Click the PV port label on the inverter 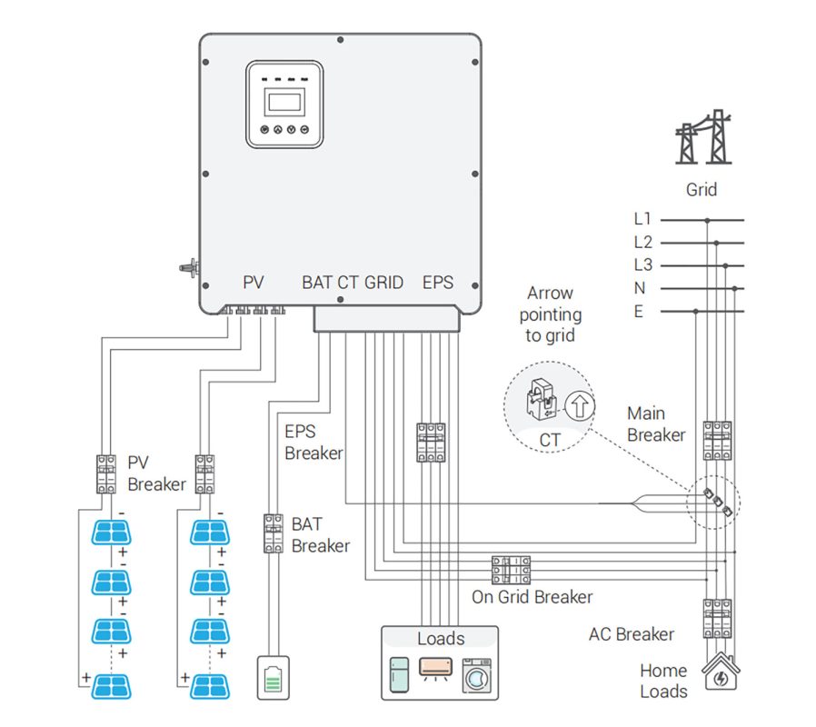pyautogui.click(x=254, y=283)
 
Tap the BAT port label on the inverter pyautogui.click(x=316, y=283)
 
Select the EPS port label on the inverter pyautogui.click(x=438, y=283)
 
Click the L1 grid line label pyautogui.click(x=643, y=219)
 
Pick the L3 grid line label pyautogui.click(x=643, y=265)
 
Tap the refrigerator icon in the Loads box pyautogui.click(x=401, y=676)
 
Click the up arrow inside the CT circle pyautogui.click(x=580, y=405)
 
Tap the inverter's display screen pyautogui.click(x=284, y=100)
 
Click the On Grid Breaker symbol pyautogui.click(x=511, y=570)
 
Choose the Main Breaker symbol pyautogui.click(x=718, y=440)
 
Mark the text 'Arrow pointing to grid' pyautogui.click(x=552, y=314)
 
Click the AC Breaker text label pyautogui.click(x=632, y=634)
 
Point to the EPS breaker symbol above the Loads pyautogui.click(x=431, y=442)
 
